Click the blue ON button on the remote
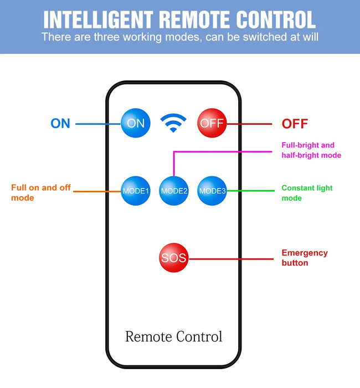[x=136, y=123]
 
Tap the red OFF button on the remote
[x=212, y=123]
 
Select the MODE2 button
[x=174, y=191]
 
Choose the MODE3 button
[x=212, y=191]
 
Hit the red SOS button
[x=173, y=258]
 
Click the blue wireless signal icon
[x=173, y=122]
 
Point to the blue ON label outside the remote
[x=60, y=124]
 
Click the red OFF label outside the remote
[x=295, y=124]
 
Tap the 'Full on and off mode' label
[x=41, y=192]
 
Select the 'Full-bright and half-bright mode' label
[x=311, y=150]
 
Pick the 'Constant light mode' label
[x=307, y=193]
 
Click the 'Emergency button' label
[x=305, y=258]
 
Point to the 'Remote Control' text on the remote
[x=173, y=336]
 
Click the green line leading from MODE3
[x=252, y=191]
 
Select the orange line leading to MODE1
[x=97, y=191]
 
